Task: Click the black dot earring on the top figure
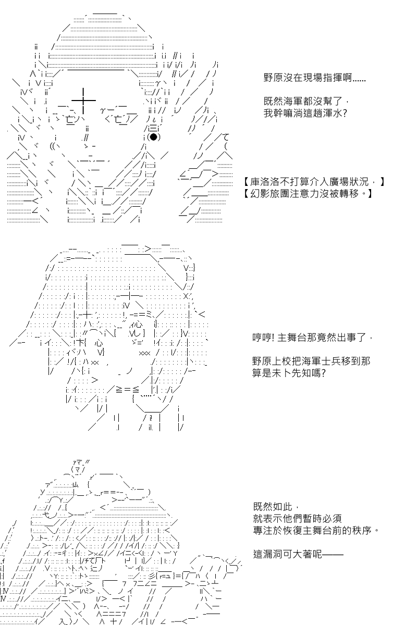pos(153,137)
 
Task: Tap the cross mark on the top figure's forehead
pos(83,100)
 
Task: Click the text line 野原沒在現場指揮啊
pos(314,78)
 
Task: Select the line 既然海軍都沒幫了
pos(306,101)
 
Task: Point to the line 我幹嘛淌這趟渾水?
pos(305,114)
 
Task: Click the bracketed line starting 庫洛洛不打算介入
pos(314,182)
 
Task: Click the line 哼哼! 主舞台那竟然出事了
pos(312,338)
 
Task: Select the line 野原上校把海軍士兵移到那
pos(311,361)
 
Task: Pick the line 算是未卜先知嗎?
pos(289,373)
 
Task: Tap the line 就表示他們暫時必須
pos(298,518)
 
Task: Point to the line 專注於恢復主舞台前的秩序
pos(316,530)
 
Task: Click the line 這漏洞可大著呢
pos(298,554)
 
